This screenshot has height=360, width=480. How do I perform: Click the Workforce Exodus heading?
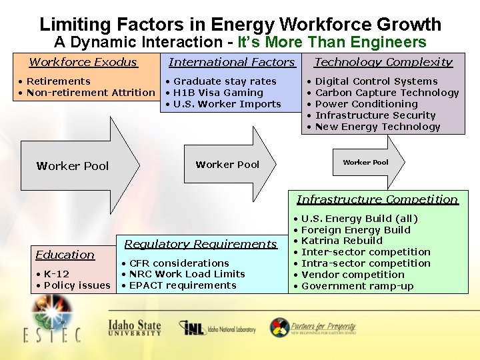coord(83,62)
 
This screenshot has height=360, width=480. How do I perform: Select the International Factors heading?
coord(231,62)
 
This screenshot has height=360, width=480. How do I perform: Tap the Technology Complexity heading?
coord(383,62)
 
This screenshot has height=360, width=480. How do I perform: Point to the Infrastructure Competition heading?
coord(377,199)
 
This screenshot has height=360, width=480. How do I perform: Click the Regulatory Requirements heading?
coord(200,244)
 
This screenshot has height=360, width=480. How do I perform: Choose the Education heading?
coord(65,255)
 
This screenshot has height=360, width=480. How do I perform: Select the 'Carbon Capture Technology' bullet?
coord(387,93)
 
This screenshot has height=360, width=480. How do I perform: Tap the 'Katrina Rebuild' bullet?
coord(341,241)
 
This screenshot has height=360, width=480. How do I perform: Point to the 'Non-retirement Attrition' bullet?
coord(90,93)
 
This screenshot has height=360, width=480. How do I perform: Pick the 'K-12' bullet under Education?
coord(56,274)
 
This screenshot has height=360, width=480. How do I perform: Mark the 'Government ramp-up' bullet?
coord(357,286)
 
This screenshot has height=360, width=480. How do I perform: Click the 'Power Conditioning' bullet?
coord(366,104)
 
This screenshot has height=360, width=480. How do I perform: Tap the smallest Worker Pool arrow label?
coord(365,162)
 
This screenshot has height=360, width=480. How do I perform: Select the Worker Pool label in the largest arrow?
coord(73,166)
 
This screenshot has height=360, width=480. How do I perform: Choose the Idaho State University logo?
coord(135,327)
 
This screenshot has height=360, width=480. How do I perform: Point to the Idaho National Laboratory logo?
coord(217,328)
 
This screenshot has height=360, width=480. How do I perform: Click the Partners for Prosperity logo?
coord(313,327)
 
